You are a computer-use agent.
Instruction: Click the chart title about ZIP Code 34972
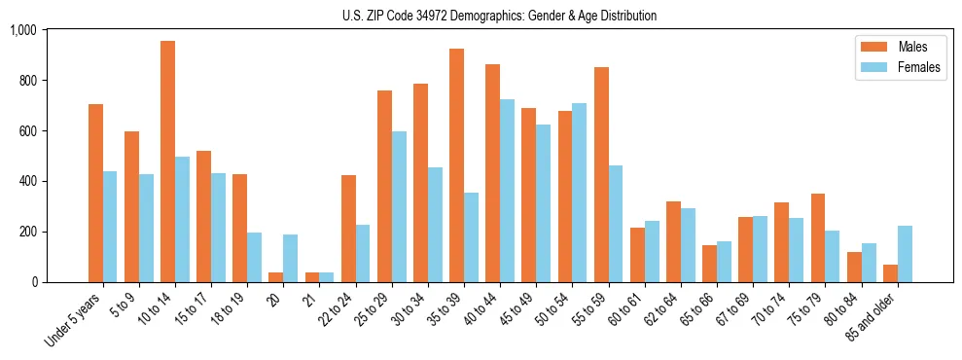pyautogui.click(x=499, y=16)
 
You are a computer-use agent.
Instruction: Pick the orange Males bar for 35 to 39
pyautogui.click(x=456, y=165)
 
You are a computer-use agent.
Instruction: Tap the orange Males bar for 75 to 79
pyautogui.click(x=818, y=237)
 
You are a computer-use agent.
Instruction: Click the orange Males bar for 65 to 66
pyautogui.click(x=709, y=264)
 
